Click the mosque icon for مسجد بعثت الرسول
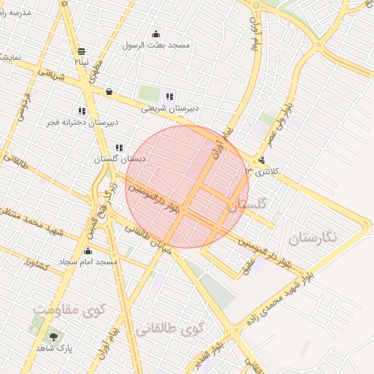pyautogui.click(x=155, y=34)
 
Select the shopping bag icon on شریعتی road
pyautogui.click(x=109, y=92)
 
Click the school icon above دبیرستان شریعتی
pyautogui.click(x=169, y=96)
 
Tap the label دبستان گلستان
pyautogui.click(x=120, y=158)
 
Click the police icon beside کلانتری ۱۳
pyautogui.click(x=262, y=160)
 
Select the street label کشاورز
pyautogui.click(x=35, y=262)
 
